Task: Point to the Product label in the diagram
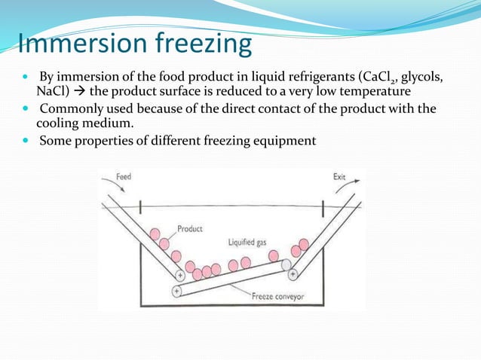(189, 228)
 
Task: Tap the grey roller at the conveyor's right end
(286, 265)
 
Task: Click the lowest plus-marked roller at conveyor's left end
(176, 289)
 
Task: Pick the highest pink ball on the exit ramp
(303, 244)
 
